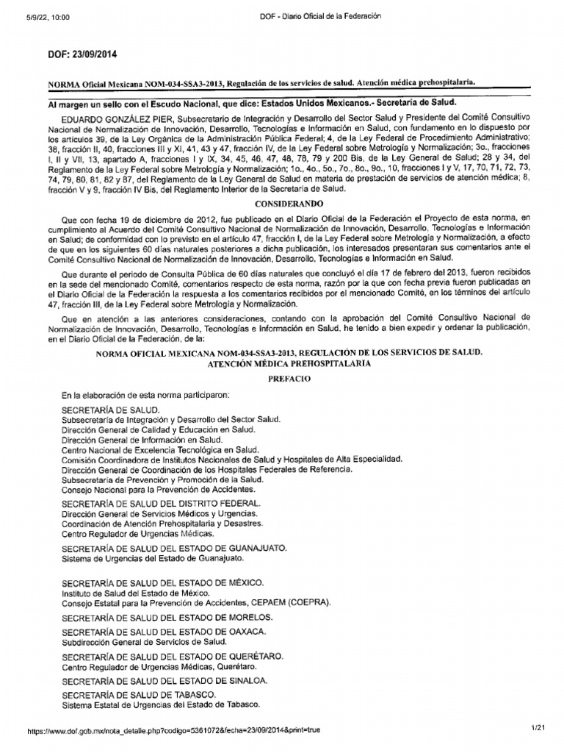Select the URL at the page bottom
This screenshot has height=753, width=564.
tap(173, 731)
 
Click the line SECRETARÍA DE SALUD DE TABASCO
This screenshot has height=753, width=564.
tap(139, 695)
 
